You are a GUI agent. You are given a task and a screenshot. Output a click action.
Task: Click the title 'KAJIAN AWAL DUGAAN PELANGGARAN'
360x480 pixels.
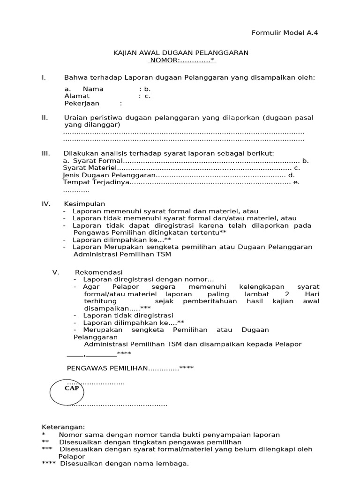point(181,53)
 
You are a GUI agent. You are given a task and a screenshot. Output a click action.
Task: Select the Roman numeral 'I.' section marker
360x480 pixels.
point(44,77)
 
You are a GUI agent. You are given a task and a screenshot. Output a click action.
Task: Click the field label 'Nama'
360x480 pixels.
point(93,89)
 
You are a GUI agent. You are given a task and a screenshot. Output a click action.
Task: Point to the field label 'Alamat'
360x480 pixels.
point(77,96)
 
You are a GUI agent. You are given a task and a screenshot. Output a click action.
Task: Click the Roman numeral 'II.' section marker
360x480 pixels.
point(45,118)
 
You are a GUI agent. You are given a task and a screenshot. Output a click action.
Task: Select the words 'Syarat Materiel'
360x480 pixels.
point(89,168)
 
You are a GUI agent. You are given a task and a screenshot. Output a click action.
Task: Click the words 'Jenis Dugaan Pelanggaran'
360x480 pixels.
point(109,175)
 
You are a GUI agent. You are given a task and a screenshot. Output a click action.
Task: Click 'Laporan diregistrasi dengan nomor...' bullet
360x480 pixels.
point(148,279)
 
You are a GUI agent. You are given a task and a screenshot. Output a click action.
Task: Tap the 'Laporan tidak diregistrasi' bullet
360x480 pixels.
point(128,315)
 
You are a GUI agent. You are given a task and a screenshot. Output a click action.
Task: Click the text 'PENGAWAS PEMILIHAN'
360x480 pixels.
point(107,368)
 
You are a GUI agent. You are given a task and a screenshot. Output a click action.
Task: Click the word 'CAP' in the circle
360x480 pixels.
point(72,389)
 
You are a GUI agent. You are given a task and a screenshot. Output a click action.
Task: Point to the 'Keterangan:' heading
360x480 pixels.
point(64,427)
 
